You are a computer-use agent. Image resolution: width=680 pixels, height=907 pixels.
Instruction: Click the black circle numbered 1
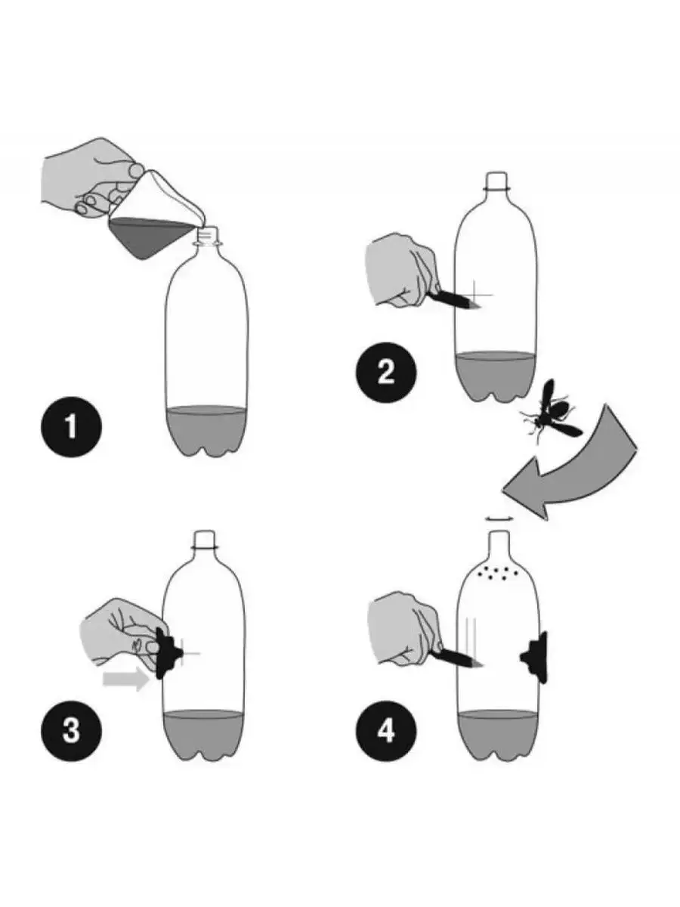coord(71,427)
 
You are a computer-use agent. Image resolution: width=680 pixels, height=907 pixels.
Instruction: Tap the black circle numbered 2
coord(386,373)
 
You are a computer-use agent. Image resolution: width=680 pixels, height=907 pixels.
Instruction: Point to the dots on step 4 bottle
coord(497,574)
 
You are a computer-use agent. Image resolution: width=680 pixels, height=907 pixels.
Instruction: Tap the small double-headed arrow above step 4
coord(499,518)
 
